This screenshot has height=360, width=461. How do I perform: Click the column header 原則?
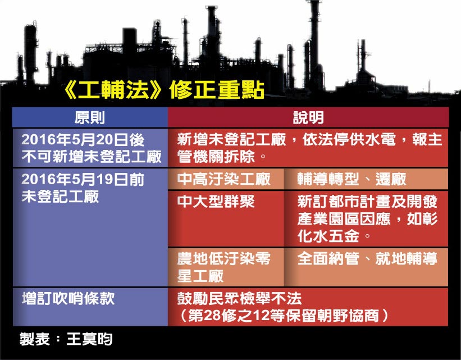point(90,117)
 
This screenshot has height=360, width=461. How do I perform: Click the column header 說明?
point(308,117)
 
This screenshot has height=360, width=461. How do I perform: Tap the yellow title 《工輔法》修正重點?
point(163,90)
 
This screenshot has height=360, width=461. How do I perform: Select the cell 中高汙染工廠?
point(223,179)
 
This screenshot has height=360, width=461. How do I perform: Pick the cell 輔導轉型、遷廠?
point(352,179)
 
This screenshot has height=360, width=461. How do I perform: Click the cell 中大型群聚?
point(216,202)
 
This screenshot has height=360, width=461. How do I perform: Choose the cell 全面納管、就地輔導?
point(367,259)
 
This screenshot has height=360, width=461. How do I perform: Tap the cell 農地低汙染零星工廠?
point(223,267)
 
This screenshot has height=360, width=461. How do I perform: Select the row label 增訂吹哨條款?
point(68,299)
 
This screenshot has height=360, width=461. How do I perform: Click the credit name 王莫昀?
point(90,339)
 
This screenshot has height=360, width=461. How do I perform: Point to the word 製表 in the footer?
point(35,339)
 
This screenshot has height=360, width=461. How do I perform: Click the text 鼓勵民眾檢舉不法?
point(239,299)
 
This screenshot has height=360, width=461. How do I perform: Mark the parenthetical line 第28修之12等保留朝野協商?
point(284,316)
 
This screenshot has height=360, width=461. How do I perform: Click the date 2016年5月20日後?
point(83,140)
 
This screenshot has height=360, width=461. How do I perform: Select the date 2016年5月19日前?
point(83,179)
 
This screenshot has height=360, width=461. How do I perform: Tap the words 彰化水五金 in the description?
point(367,227)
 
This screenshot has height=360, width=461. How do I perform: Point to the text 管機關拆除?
point(216,157)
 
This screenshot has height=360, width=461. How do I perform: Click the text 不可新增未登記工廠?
point(92,157)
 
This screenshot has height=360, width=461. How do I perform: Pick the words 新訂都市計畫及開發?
point(367,202)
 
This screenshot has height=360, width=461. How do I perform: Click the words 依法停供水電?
point(349,139)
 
